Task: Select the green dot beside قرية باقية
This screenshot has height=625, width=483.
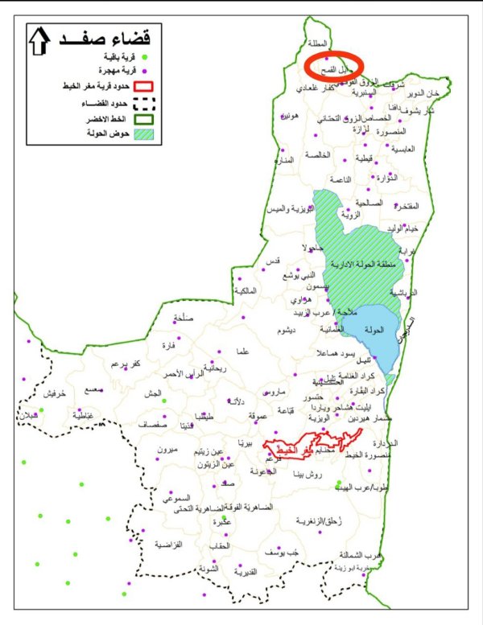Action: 146,57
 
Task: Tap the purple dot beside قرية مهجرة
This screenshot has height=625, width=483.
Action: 146,71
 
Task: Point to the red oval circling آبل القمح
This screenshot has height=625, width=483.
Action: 335,64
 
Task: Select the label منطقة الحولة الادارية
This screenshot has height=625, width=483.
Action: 367,262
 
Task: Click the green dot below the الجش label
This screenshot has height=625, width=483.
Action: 163,400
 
